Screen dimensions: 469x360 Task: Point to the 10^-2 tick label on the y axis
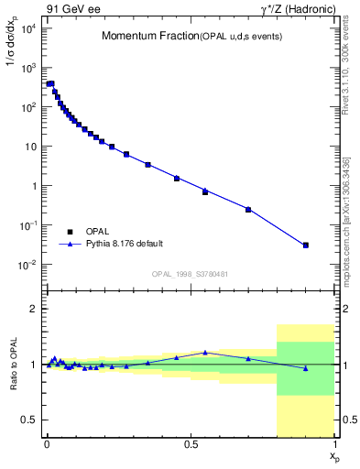coord(28,265)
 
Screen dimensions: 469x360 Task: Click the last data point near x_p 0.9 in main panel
coord(306,245)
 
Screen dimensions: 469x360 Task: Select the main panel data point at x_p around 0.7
coord(248,209)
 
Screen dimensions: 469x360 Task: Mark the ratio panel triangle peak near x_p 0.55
coord(205,352)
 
